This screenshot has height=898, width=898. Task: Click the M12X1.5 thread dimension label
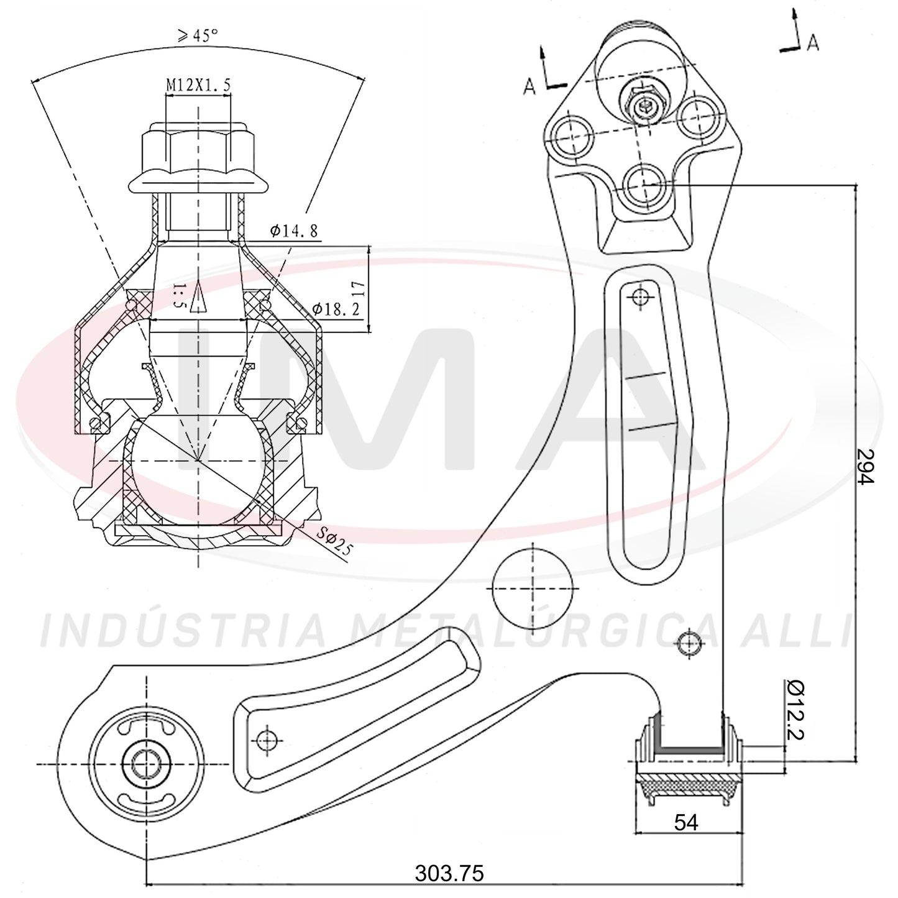pyautogui.click(x=199, y=85)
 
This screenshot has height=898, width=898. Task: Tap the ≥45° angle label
pyautogui.click(x=198, y=35)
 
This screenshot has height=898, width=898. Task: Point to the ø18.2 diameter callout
pyautogui.click(x=336, y=308)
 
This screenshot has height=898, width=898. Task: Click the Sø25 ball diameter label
pyautogui.click(x=334, y=543)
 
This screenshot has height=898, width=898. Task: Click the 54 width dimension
pyautogui.click(x=687, y=823)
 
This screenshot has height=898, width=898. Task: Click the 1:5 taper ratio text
pyautogui.click(x=179, y=296)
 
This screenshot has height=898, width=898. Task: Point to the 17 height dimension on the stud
pyautogui.click(x=359, y=289)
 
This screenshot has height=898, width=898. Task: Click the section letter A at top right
pyautogui.click(x=813, y=43)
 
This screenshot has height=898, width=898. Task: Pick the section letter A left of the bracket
pyautogui.click(x=530, y=86)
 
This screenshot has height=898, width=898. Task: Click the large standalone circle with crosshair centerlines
pyautogui.click(x=532, y=588)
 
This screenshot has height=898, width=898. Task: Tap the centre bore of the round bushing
pyautogui.click(x=146, y=764)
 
